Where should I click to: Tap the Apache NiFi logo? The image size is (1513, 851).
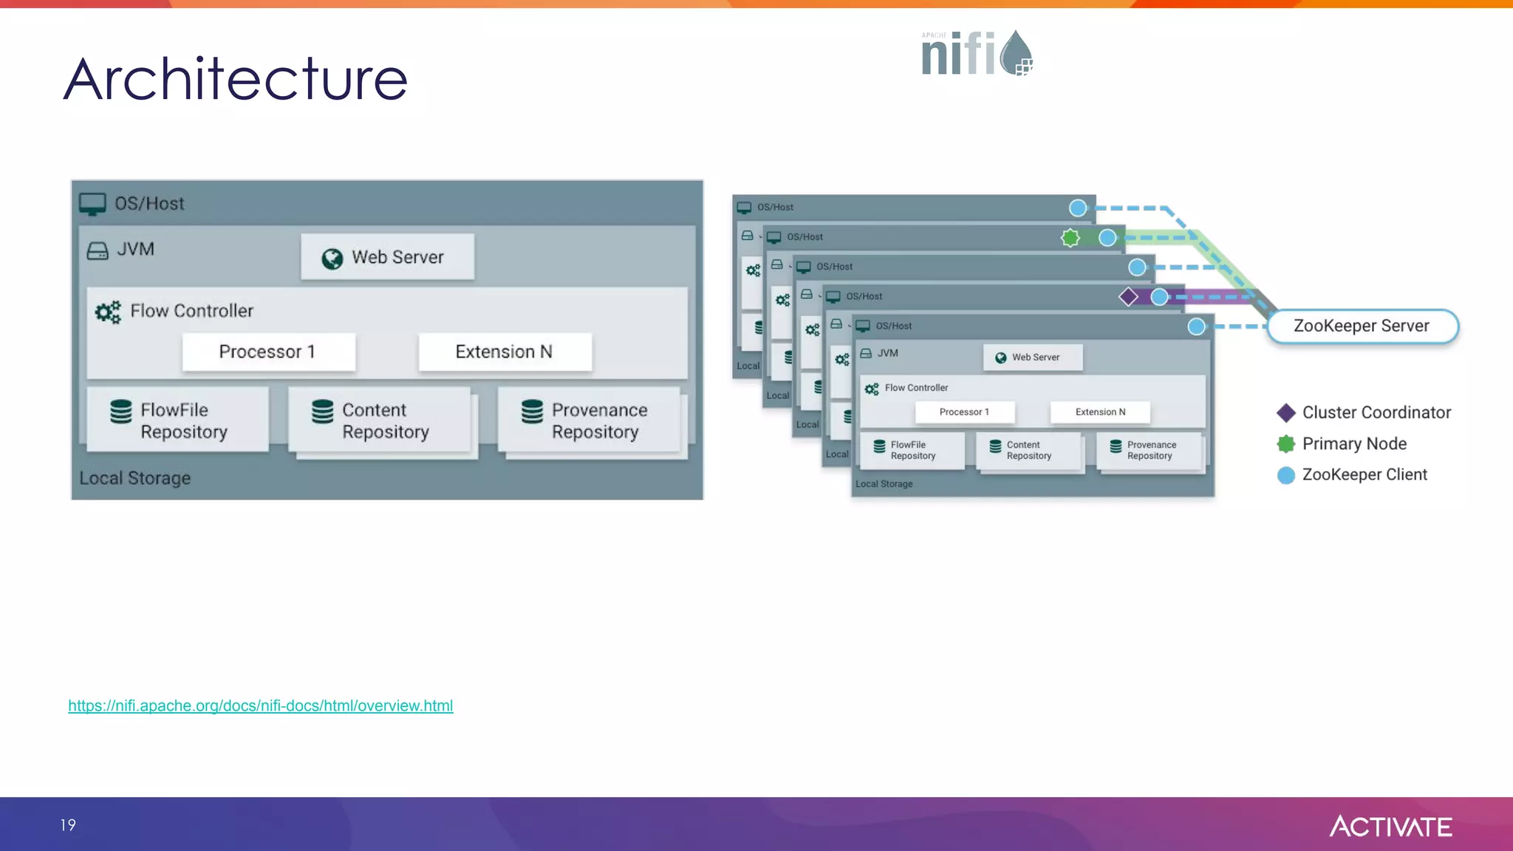(x=976, y=53)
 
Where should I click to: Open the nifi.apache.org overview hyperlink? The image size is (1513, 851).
(x=260, y=705)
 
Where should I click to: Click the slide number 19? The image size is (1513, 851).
(x=68, y=824)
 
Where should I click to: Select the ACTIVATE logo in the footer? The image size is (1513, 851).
(x=1390, y=826)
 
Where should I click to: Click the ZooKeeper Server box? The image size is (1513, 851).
(x=1362, y=326)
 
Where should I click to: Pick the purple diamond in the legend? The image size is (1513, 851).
(x=1286, y=412)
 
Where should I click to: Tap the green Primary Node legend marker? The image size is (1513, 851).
(x=1286, y=443)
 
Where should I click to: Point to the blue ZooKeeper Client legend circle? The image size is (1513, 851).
(x=1286, y=475)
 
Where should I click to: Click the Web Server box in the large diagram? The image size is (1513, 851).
(x=387, y=257)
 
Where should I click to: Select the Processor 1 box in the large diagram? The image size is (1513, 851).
(x=268, y=352)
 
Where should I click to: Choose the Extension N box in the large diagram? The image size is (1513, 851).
(x=505, y=352)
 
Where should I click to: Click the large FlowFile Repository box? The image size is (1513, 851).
(x=177, y=420)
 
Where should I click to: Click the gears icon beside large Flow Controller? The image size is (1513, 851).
(x=108, y=312)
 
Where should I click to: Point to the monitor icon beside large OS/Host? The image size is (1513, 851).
(x=92, y=204)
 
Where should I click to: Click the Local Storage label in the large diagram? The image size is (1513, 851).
(x=135, y=478)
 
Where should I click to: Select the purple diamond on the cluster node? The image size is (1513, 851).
(x=1128, y=296)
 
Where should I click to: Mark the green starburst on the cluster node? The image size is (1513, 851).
(x=1070, y=237)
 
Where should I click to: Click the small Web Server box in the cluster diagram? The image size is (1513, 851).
(x=1033, y=357)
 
